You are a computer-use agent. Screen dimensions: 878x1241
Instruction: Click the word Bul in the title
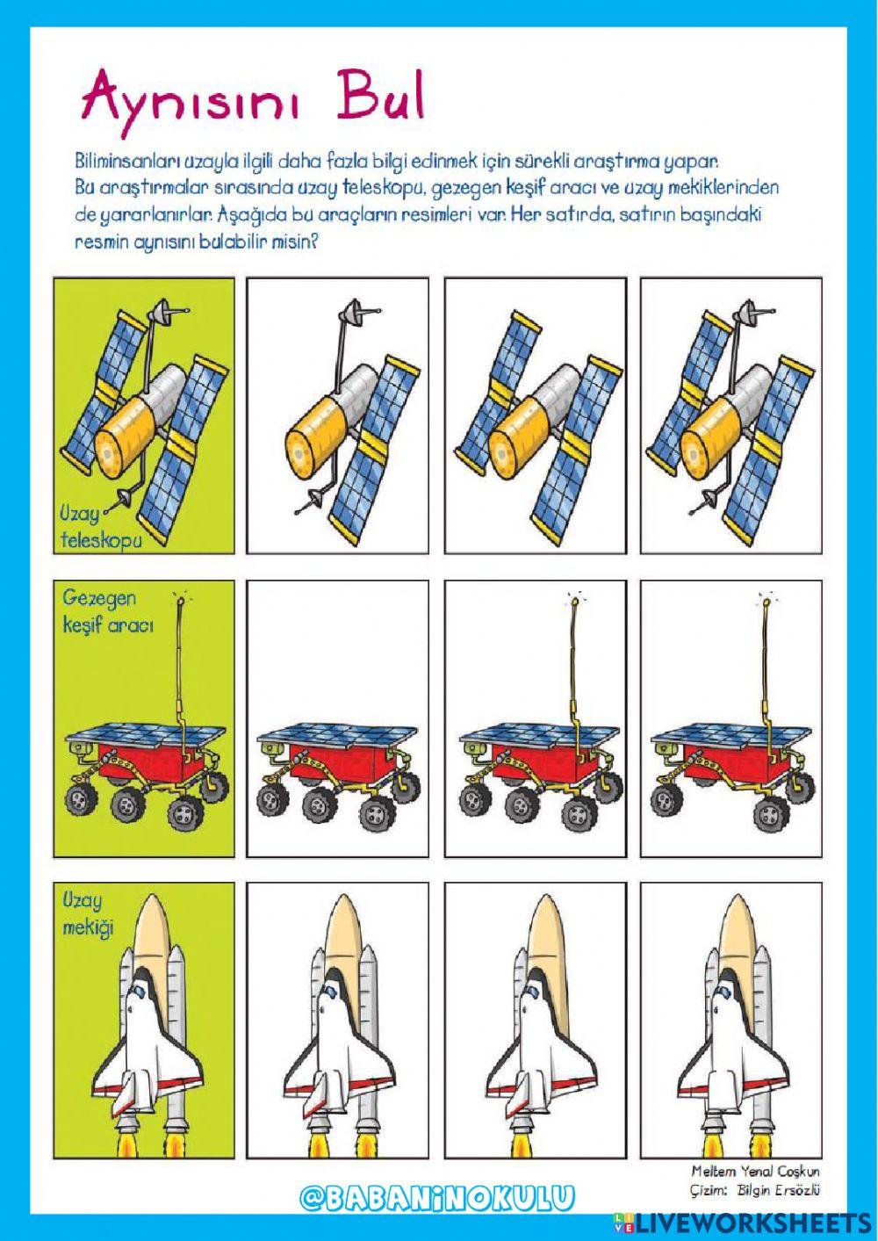tap(383, 100)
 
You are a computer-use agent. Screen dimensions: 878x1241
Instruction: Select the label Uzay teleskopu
tap(101, 526)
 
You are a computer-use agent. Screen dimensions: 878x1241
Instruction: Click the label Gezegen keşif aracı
tap(109, 611)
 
